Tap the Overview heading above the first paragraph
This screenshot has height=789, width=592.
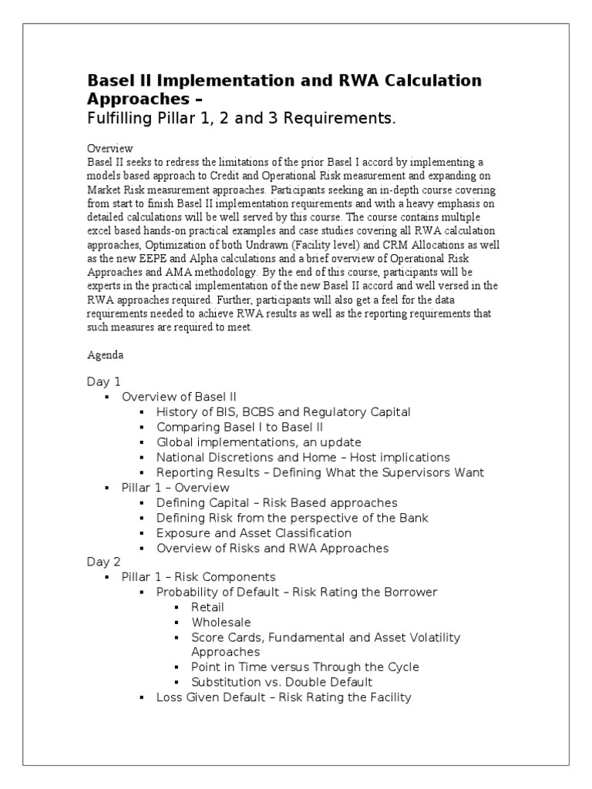(x=109, y=148)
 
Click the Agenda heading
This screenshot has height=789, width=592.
(x=106, y=356)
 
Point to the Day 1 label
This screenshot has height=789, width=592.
(x=103, y=381)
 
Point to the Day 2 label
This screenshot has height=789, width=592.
(x=103, y=562)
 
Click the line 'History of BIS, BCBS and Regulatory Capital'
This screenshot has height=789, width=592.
(x=283, y=412)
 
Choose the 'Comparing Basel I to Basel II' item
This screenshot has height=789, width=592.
(x=240, y=427)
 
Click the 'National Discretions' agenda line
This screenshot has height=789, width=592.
(x=303, y=457)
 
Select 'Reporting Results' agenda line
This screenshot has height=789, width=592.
(x=320, y=472)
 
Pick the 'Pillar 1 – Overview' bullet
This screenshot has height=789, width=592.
(x=175, y=488)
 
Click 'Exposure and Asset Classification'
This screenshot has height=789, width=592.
(x=254, y=532)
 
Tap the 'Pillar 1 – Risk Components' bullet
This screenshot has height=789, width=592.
(x=198, y=577)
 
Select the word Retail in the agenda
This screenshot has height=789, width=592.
(x=208, y=607)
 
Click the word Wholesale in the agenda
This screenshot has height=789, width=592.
(x=221, y=622)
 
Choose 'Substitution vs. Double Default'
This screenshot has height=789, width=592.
(x=282, y=682)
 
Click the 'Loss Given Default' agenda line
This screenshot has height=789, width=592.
(x=284, y=697)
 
